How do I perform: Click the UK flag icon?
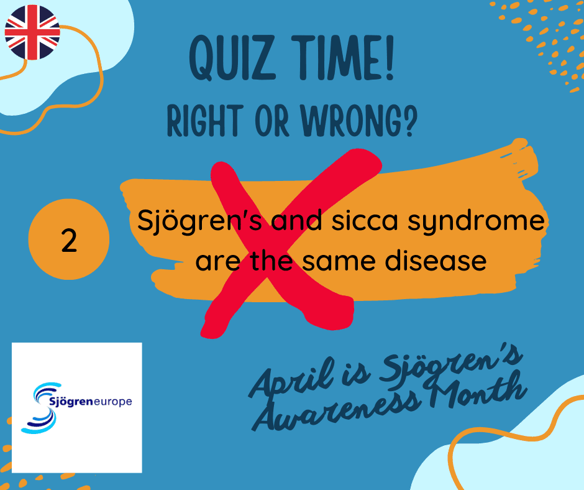point(32,32)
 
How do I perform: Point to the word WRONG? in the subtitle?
point(359,121)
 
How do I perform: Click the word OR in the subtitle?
point(272,121)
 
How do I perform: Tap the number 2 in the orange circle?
point(69,241)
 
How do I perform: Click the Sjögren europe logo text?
point(91,402)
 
